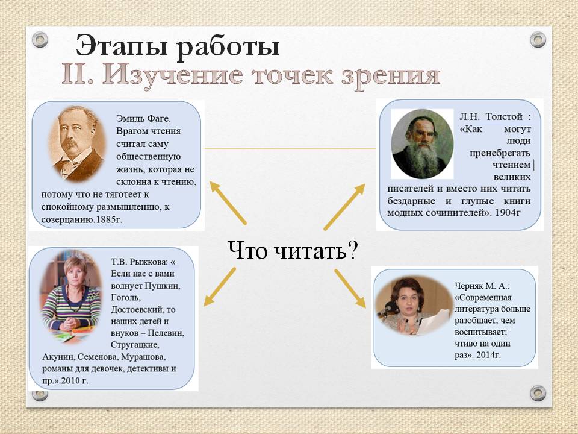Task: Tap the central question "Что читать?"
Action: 293,251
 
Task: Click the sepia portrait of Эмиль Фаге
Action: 77,144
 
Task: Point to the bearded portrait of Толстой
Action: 422,144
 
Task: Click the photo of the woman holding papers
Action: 413,305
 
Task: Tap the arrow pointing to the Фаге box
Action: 228,203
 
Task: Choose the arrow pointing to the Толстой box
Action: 344,207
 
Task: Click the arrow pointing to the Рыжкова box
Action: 219,287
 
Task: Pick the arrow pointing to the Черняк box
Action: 350,289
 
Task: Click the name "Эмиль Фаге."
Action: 143,119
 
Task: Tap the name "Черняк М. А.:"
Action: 482,286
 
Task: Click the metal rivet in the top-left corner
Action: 40,40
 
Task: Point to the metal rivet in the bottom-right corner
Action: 538,394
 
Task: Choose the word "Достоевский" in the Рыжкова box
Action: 143,310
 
